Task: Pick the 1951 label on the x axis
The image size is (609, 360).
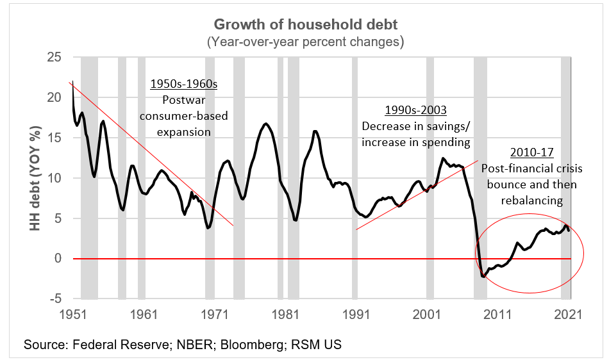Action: point(72,315)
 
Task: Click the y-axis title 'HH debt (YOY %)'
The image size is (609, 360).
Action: point(30,177)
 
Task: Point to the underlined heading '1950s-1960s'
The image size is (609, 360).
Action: point(184,85)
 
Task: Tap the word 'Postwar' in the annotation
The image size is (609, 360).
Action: point(184,101)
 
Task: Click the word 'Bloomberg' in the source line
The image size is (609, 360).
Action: point(247,345)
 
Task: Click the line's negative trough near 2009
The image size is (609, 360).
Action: point(484,276)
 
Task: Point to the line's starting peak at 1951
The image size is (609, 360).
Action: point(72,83)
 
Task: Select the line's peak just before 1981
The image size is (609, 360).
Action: point(266,124)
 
